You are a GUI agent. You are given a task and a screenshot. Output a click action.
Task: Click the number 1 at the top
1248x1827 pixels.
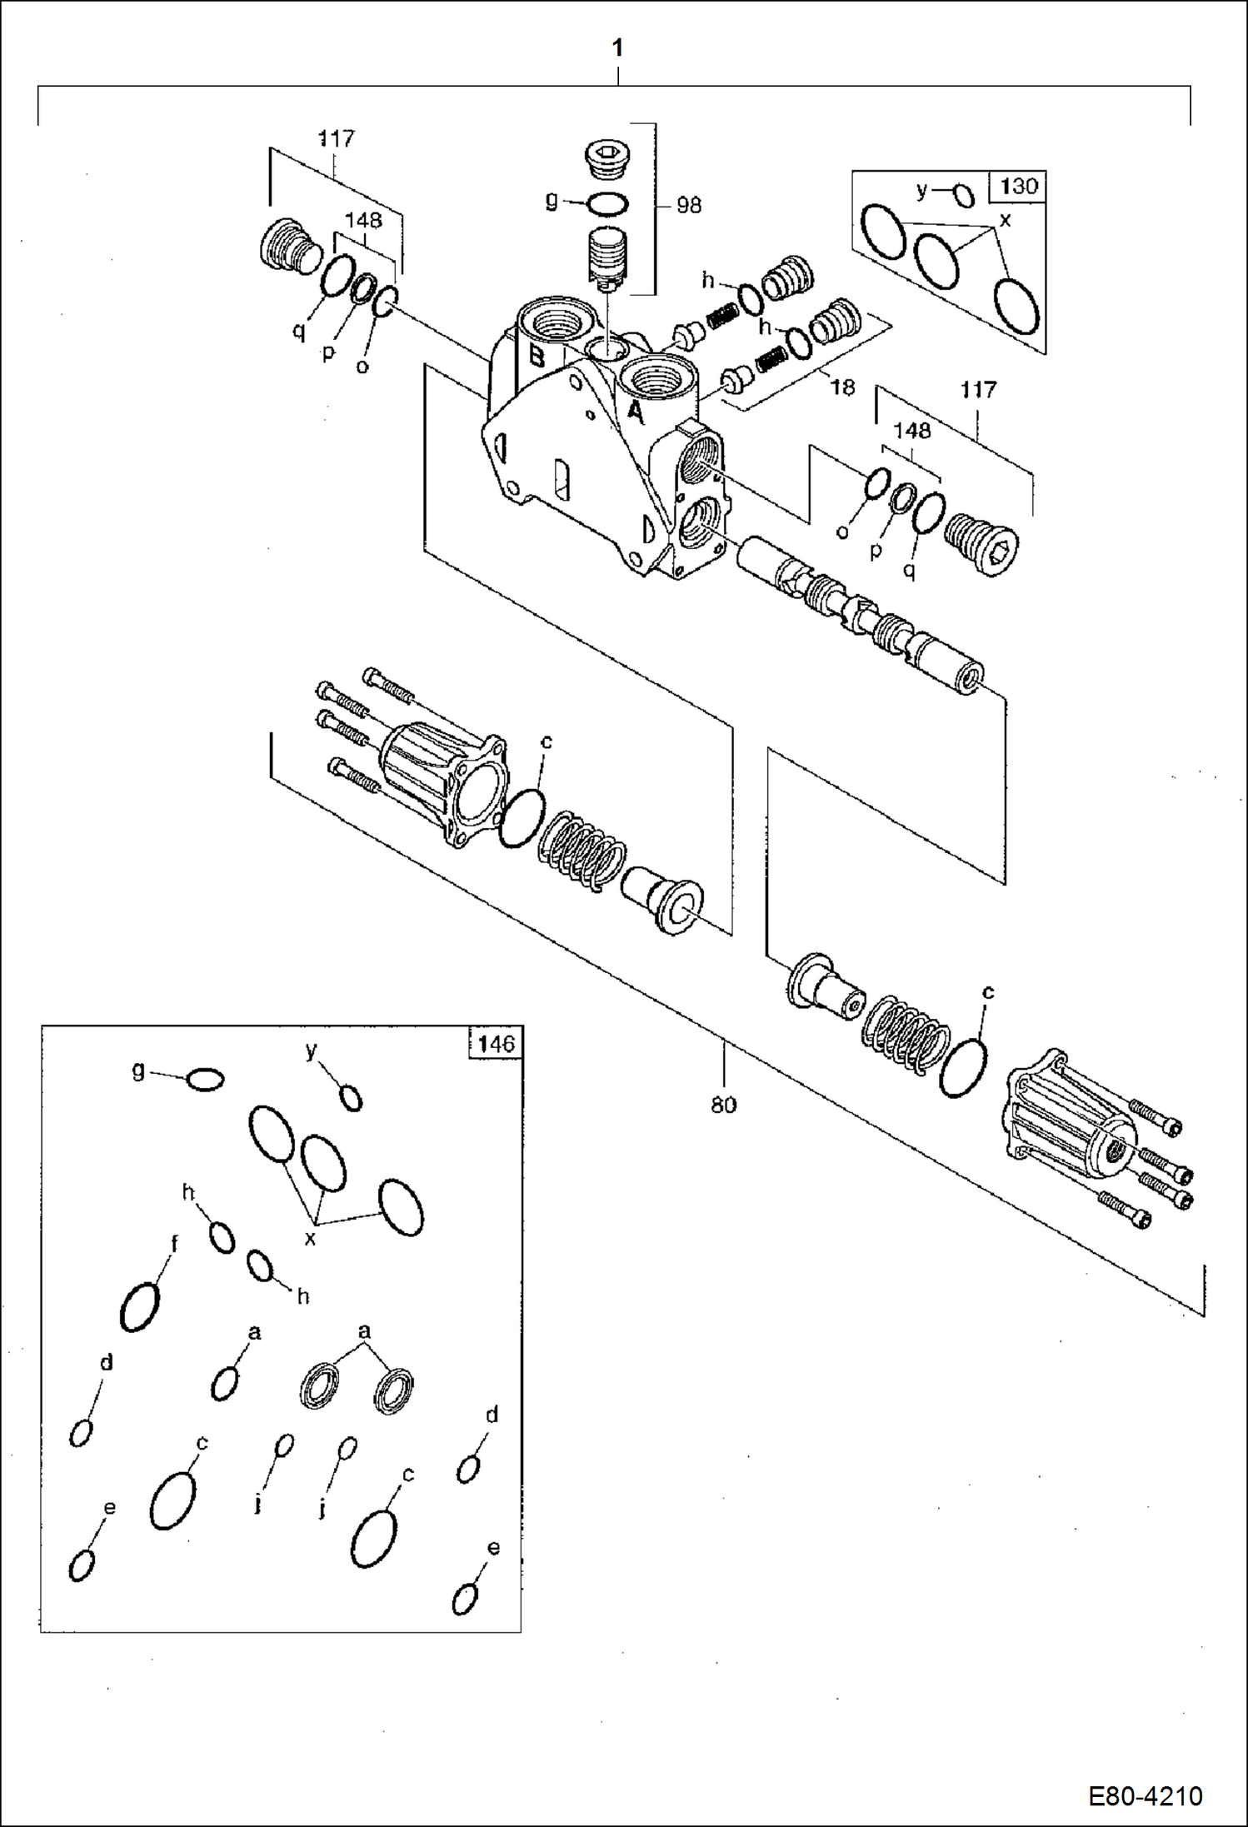pyautogui.click(x=617, y=48)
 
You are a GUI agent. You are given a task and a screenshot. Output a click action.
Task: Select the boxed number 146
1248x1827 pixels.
pyautogui.click(x=497, y=1043)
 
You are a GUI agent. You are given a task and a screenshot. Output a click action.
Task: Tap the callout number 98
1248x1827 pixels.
pyautogui.click(x=688, y=205)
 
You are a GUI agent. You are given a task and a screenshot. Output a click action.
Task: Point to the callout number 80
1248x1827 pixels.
pyautogui.click(x=723, y=1105)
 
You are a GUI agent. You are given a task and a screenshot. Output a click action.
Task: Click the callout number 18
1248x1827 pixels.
pyautogui.click(x=842, y=387)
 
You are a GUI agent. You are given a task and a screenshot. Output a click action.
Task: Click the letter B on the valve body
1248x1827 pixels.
pyautogui.click(x=537, y=357)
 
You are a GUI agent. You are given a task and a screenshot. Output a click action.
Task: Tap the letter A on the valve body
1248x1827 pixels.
pyautogui.click(x=635, y=412)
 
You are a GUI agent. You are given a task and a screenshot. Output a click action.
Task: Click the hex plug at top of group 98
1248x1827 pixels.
pyautogui.click(x=608, y=158)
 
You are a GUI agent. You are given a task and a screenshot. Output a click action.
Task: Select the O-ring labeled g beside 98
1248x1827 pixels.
pyautogui.click(x=608, y=202)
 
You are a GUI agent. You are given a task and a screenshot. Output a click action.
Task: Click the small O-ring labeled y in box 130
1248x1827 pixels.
pyautogui.click(x=964, y=197)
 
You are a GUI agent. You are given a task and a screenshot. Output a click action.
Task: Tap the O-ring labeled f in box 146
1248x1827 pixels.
pyautogui.click(x=140, y=1305)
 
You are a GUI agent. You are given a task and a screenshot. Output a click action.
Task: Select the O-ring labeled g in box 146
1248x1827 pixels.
pyautogui.click(x=205, y=1080)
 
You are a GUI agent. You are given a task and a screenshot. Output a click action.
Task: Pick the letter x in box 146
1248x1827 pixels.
pyautogui.click(x=311, y=1239)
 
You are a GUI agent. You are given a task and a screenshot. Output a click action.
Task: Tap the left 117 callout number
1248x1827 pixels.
pyautogui.click(x=336, y=138)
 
